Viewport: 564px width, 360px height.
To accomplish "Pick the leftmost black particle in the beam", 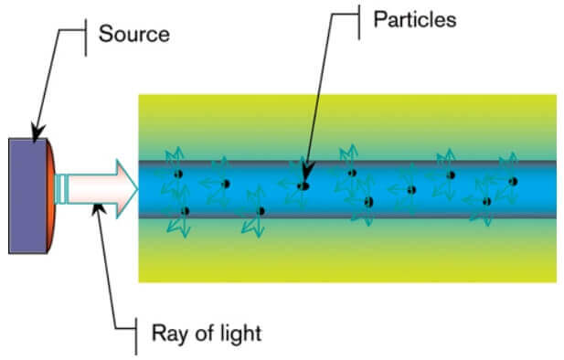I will (x=179, y=174).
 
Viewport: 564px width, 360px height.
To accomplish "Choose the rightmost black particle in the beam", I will (x=513, y=181).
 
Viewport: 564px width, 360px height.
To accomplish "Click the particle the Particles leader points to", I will (x=303, y=185).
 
